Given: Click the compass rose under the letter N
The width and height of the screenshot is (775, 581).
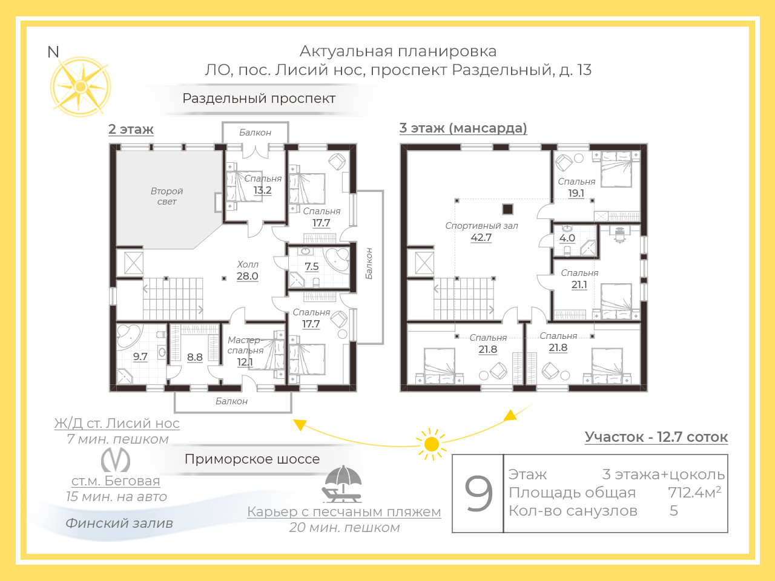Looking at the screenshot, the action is click(x=81, y=87).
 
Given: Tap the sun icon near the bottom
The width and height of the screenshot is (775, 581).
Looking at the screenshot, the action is click(x=431, y=444).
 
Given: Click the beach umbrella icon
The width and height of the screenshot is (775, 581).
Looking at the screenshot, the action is click(x=342, y=484).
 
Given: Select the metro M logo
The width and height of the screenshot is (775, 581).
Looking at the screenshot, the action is click(x=116, y=459).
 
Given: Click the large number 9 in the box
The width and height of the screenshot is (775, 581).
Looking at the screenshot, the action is click(x=478, y=493).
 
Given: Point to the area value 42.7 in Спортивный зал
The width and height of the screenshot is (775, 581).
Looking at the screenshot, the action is click(x=481, y=237).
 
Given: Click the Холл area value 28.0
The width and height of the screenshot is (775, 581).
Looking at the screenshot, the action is click(x=247, y=276).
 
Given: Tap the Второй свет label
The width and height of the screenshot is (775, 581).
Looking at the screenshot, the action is click(x=167, y=196).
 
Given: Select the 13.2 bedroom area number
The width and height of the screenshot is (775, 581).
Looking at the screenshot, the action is click(x=262, y=190).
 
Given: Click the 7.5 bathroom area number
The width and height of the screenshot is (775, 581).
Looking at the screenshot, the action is click(x=311, y=266).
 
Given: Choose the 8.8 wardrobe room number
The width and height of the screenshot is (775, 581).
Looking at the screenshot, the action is click(x=194, y=357).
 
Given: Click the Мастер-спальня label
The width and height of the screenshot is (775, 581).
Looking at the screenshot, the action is click(x=245, y=346).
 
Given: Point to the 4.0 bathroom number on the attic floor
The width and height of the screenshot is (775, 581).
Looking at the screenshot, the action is click(x=567, y=238).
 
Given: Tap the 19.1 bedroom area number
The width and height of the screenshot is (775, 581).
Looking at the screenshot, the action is click(x=576, y=193).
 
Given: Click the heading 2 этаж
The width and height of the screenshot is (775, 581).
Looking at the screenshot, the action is click(x=131, y=129).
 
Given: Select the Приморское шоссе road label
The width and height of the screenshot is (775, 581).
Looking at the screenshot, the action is click(x=252, y=459).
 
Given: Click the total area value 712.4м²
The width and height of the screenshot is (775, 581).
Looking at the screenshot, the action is click(x=694, y=492).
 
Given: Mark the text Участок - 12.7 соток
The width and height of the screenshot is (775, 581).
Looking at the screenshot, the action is click(x=656, y=437).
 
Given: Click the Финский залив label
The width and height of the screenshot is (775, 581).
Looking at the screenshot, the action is click(x=119, y=523).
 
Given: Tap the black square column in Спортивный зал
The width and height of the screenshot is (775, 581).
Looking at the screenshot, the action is click(x=507, y=209).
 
